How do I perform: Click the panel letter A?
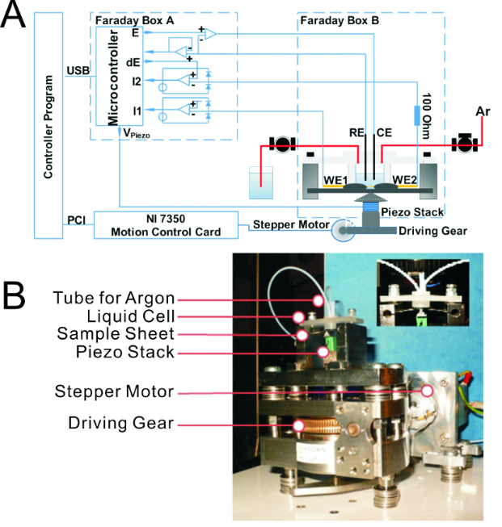coord(17,17)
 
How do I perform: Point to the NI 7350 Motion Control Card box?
coord(167,224)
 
